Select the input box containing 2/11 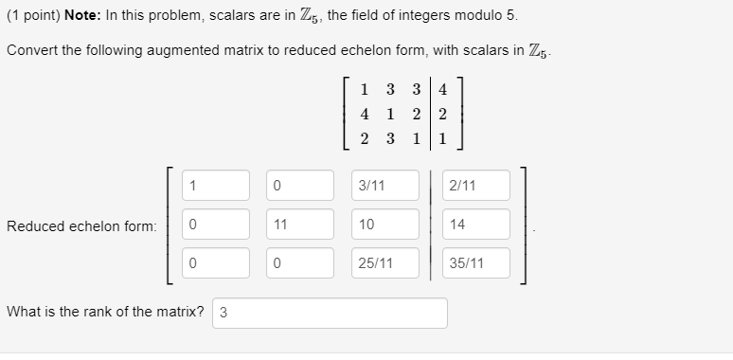pyautogui.click(x=475, y=186)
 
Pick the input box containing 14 pyautogui.click(x=475, y=225)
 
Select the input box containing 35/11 pyautogui.click(x=475, y=263)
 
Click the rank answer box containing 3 pyautogui.click(x=330, y=314)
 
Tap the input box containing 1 pyautogui.click(x=215, y=186)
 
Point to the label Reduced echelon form pyautogui.click(x=81, y=225)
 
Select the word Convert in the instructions pyautogui.click(x=32, y=50)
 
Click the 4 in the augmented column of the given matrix pyautogui.click(x=443, y=91)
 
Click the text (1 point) pyautogui.click(x=32, y=16)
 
